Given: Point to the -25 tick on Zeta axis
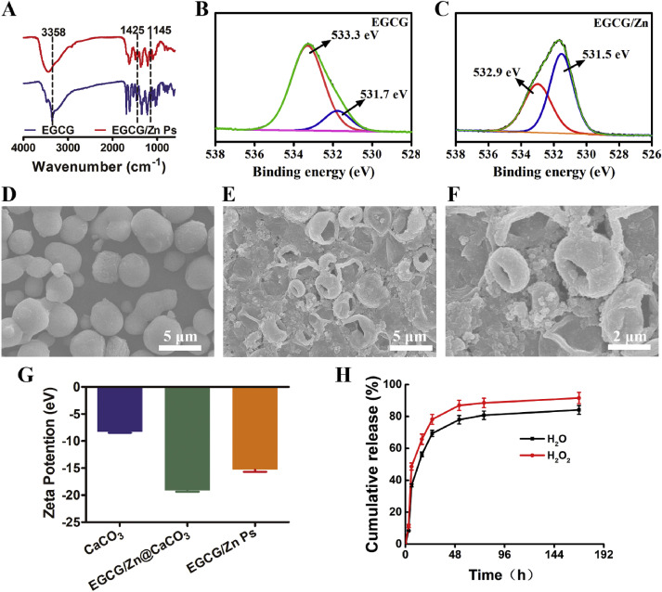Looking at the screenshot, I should pos(83,523).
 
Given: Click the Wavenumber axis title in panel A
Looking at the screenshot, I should pos(97,168).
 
